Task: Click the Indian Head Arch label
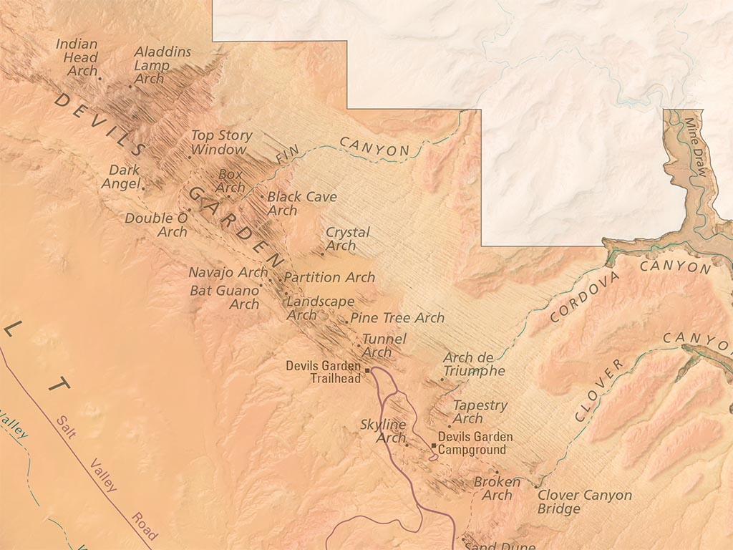[77, 57]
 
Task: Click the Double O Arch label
[157, 225]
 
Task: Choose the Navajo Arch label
[228, 272]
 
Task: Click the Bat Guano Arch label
[224, 297]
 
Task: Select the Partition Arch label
[329, 277]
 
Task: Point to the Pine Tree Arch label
[397, 317]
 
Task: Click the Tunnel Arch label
[384, 345]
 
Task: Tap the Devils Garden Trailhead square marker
[367, 370]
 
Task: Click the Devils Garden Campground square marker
[434, 445]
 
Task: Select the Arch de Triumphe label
[473, 364]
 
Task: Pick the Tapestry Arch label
[479, 412]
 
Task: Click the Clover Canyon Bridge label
[584, 501]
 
